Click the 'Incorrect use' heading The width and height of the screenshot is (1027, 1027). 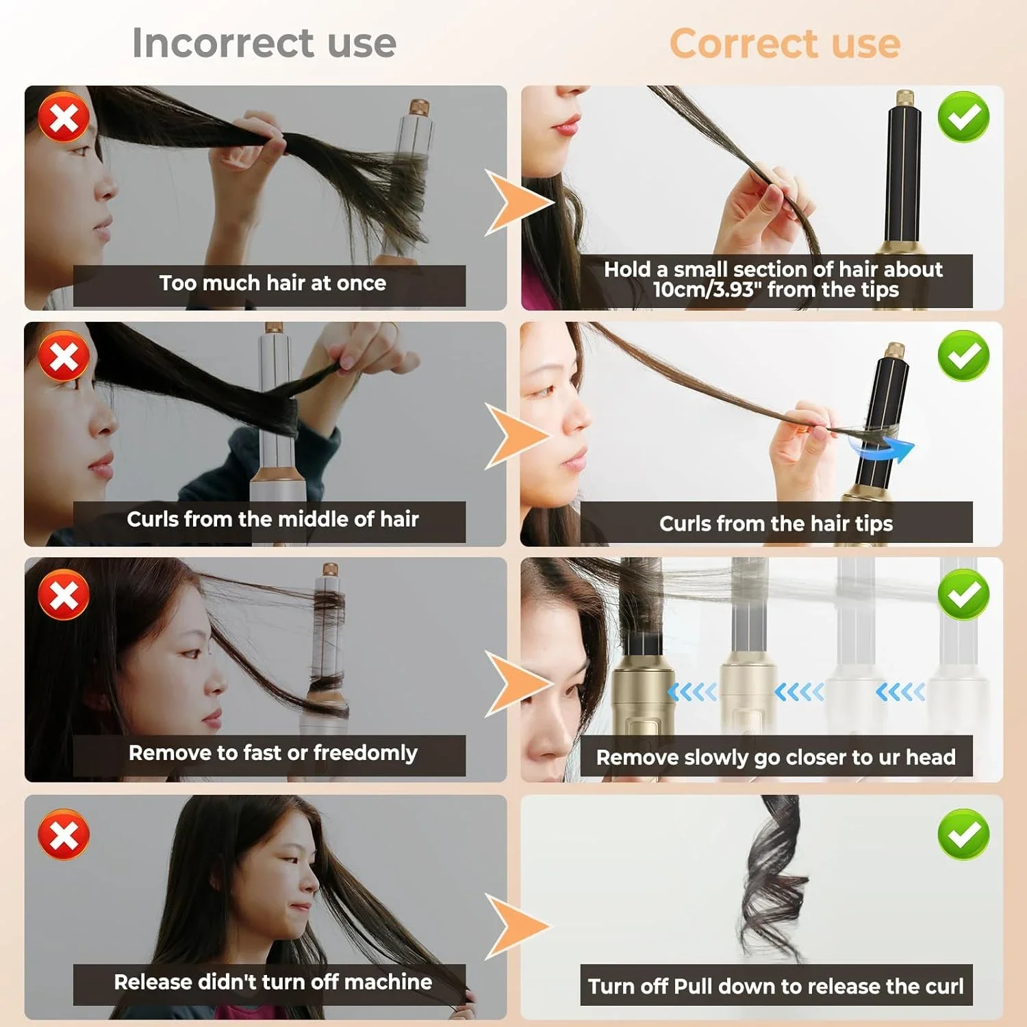(264, 43)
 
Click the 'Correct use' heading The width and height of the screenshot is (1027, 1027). (785, 44)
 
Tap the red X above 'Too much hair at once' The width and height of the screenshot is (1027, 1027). (64, 117)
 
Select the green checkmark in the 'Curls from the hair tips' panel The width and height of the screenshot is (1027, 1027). (963, 355)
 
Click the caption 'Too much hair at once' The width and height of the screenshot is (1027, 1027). (272, 283)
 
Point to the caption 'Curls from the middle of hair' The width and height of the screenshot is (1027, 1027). (272, 520)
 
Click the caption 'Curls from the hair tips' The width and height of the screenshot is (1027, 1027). (776, 524)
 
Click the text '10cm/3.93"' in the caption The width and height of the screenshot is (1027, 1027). (707, 290)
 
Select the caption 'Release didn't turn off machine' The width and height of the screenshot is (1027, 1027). (272, 982)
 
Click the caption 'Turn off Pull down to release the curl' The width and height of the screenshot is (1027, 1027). (776, 987)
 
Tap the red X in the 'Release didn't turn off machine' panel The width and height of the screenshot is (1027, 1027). (64, 835)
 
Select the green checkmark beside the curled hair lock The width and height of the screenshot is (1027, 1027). (963, 834)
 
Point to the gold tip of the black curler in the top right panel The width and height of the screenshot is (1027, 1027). (905, 98)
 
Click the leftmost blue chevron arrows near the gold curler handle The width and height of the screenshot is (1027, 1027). (692, 692)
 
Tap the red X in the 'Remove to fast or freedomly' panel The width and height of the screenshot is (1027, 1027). (64, 594)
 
